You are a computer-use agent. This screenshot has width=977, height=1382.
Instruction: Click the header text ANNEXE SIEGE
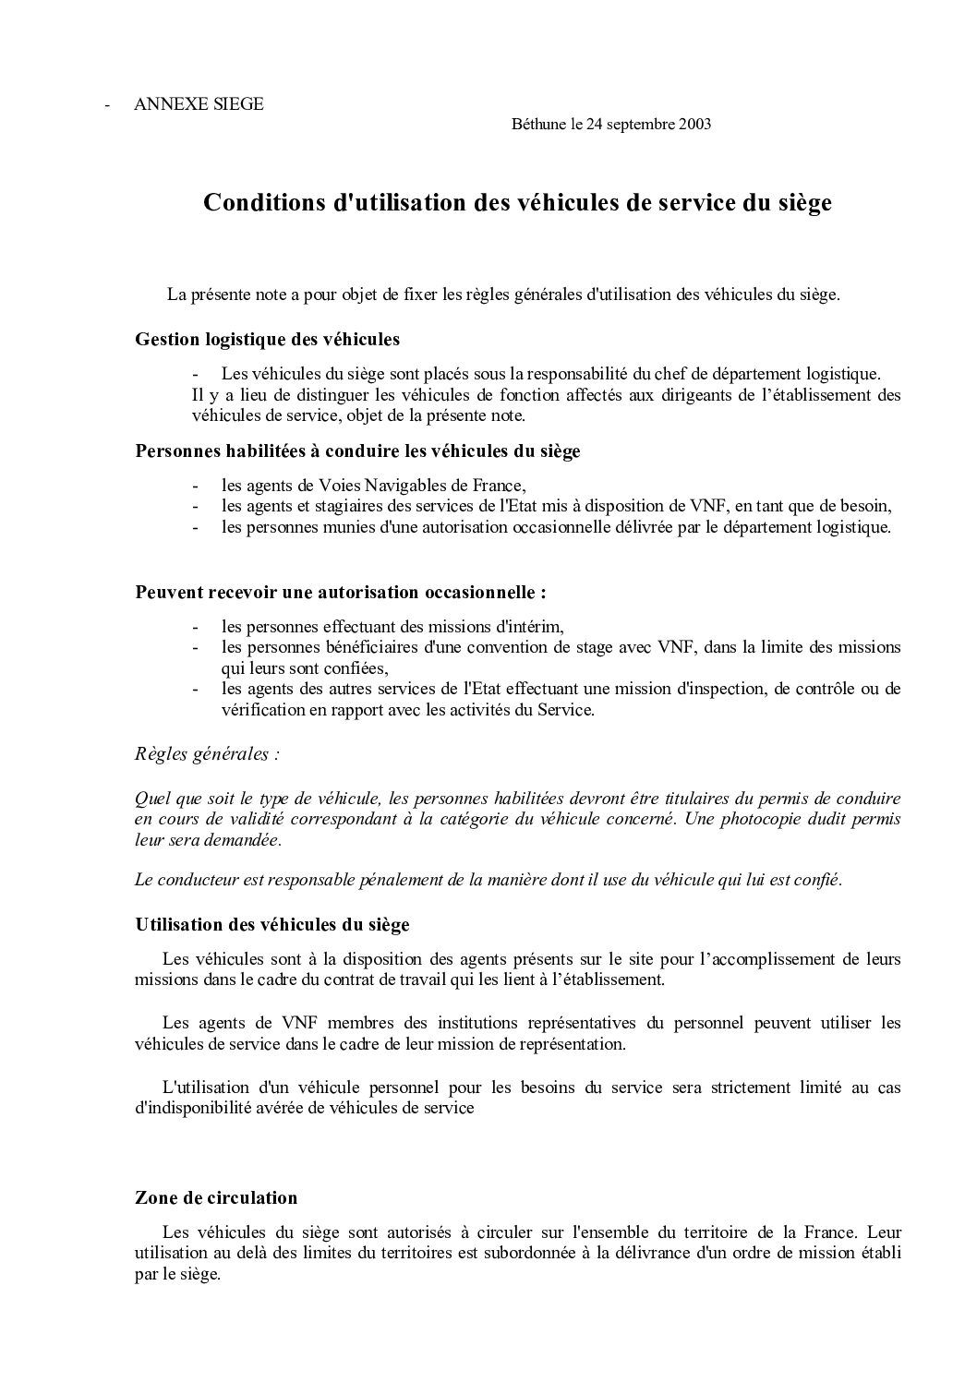click(x=199, y=104)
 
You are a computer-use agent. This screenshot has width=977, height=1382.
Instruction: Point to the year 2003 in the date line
click(x=694, y=125)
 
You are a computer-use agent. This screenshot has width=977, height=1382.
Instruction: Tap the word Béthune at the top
click(x=537, y=125)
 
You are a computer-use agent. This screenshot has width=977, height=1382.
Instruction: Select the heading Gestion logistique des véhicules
click(x=267, y=339)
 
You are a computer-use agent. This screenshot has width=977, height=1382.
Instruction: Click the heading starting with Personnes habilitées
click(x=357, y=451)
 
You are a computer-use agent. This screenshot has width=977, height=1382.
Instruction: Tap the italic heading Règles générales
click(x=207, y=753)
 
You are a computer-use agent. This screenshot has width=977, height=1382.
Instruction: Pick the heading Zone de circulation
click(x=216, y=1197)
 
